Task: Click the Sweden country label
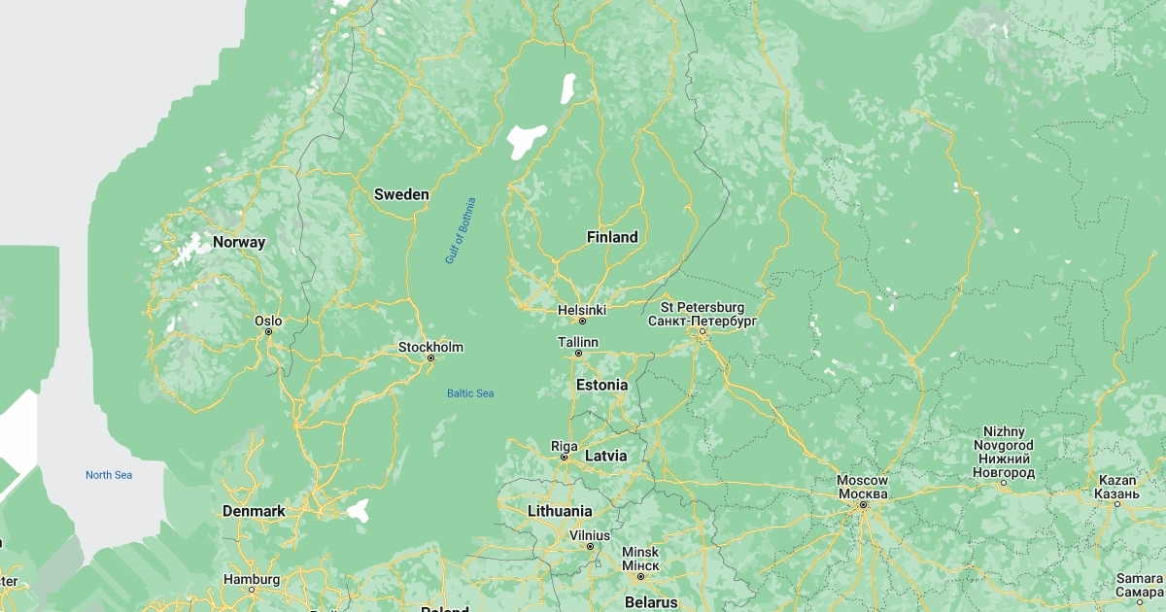point(401,194)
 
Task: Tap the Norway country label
point(239,242)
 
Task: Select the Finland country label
point(612,237)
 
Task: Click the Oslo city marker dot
point(269,331)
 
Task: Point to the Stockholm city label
point(430,347)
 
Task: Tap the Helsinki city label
point(582,310)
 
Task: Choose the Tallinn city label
point(578,342)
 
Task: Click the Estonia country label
point(601,385)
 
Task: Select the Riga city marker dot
point(564,457)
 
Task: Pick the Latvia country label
point(605,456)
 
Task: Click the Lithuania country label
point(560,511)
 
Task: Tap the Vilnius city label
point(590,535)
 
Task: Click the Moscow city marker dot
point(863,504)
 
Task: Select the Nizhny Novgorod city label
point(1004,452)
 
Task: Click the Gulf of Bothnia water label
point(461,230)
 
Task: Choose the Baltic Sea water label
point(470,393)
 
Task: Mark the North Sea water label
point(109,475)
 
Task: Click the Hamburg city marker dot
point(252,589)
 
